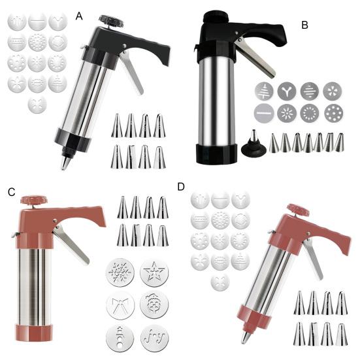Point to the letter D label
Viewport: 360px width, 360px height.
tap(181, 187)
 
